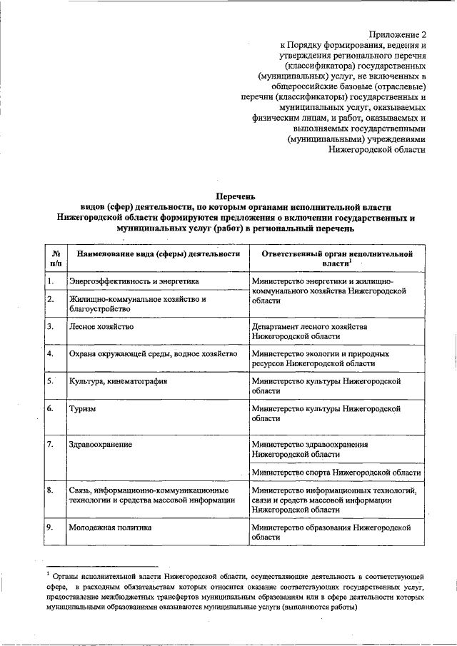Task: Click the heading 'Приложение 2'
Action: tap(397, 34)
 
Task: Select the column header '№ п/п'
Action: tap(54, 258)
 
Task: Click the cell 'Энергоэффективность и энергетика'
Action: tap(133, 281)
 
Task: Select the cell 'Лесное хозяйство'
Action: tap(101, 326)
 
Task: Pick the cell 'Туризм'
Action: tap(82, 409)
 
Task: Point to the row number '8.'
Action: tap(51, 490)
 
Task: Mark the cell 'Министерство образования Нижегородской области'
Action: tap(332, 533)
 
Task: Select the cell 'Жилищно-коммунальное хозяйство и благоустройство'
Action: tap(137, 304)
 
